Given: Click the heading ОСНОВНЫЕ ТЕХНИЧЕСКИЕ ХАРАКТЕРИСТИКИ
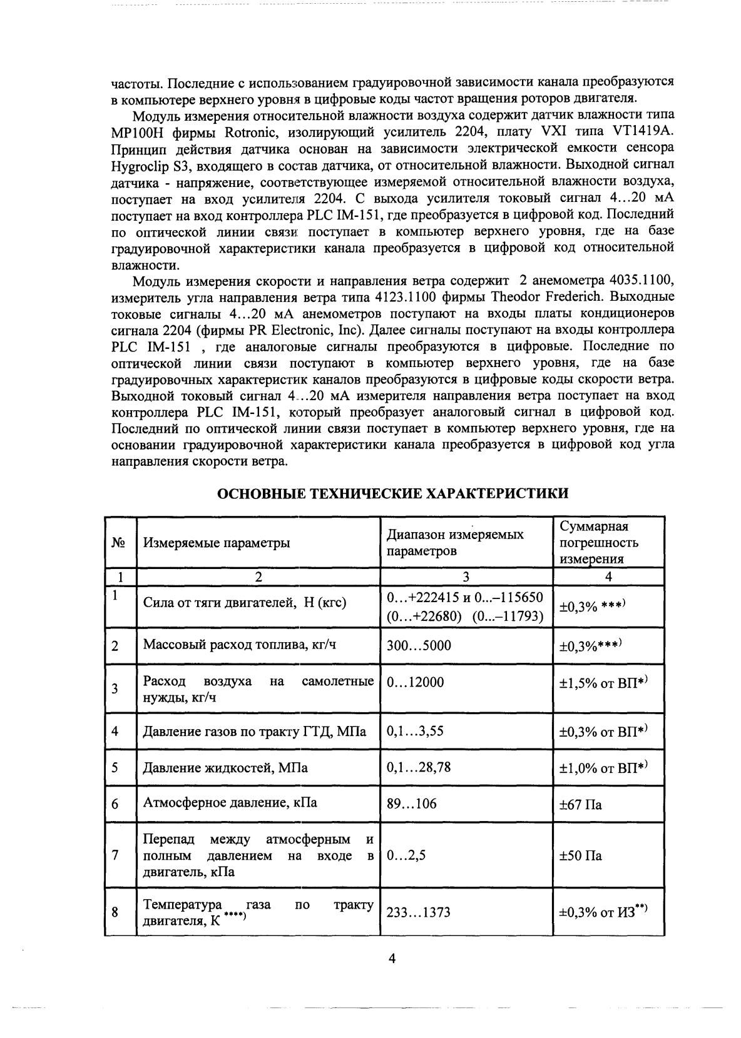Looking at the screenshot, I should pyautogui.click(x=392, y=493).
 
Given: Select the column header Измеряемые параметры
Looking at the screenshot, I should pyautogui.click(x=217, y=543).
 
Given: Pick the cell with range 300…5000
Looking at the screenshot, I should pyautogui.click(x=419, y=645).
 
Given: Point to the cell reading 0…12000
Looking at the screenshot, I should pyautogui.click(x=416, y=682).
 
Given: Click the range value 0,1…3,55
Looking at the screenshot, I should pyautogui.click(x=416, y=730).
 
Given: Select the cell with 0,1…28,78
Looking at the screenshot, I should pyautogui.click(x=419, y=767).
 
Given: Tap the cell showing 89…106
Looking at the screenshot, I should pyautogui.click(x=412, y=804).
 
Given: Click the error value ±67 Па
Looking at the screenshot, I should pyautogui.click(x=580, y=804).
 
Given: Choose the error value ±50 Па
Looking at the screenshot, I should pyautogui.click(x=580, y=855).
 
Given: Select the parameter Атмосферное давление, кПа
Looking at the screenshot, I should pyautogui.click(x=230, y=803).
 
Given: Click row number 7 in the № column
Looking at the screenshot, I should pyautogui.click(x=115, y=855).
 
